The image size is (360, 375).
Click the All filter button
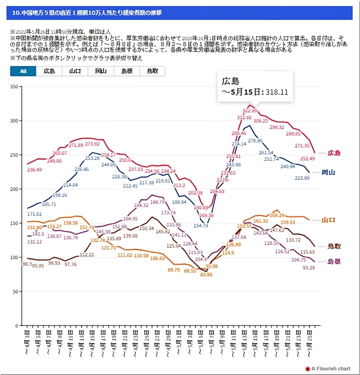click(23, 71)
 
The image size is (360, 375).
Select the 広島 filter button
click(49, 71)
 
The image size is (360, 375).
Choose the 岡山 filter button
click(100, 71)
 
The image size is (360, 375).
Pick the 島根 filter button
click(126, 71)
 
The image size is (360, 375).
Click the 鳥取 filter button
click(152, 71)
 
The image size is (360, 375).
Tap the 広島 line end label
click(334, 153)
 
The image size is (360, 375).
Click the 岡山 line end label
click(328, 172)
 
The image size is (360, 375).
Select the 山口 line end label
click(328, 219)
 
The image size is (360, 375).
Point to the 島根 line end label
click(334, 261)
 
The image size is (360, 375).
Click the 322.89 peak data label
click(249, 110)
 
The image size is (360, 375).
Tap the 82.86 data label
click(206, 275)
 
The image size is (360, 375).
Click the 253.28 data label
click(92, 158)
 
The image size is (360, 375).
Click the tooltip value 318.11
click(277, 92)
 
